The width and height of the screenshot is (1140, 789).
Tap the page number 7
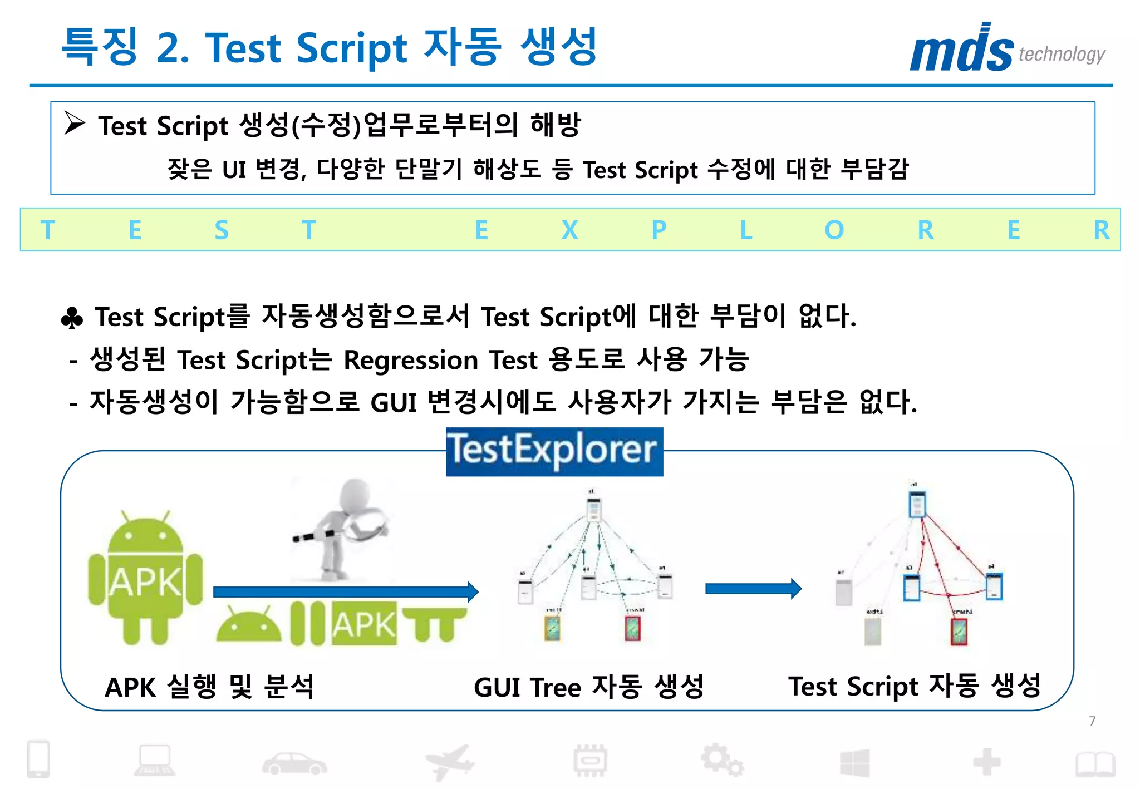click(1092, 721)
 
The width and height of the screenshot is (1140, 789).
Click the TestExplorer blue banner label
click(554, 451)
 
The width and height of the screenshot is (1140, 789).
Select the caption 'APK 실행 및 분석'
click(210, 687)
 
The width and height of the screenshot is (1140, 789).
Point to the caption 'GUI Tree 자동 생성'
click(588, 687)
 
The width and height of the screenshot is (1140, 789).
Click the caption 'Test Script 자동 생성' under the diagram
click(914, 686)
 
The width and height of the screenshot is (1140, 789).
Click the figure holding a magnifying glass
click(341, 529)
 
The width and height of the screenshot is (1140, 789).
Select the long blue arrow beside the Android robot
click(345, 591)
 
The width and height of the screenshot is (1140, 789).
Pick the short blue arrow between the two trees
click(753, 589)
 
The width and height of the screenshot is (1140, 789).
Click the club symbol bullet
click(72, 319)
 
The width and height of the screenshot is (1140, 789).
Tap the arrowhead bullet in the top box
click(75, 123)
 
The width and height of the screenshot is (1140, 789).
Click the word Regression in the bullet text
click(411, 360)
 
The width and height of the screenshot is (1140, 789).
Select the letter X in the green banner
click(569, 230)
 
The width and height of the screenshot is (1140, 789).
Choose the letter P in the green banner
click(659, 230)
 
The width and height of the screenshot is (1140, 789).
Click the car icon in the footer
click(294, 763)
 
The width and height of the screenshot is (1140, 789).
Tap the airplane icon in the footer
click(449, 762)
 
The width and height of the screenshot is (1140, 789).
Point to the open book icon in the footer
click(1095, 764)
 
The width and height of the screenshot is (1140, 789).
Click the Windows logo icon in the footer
click(854, 763)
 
